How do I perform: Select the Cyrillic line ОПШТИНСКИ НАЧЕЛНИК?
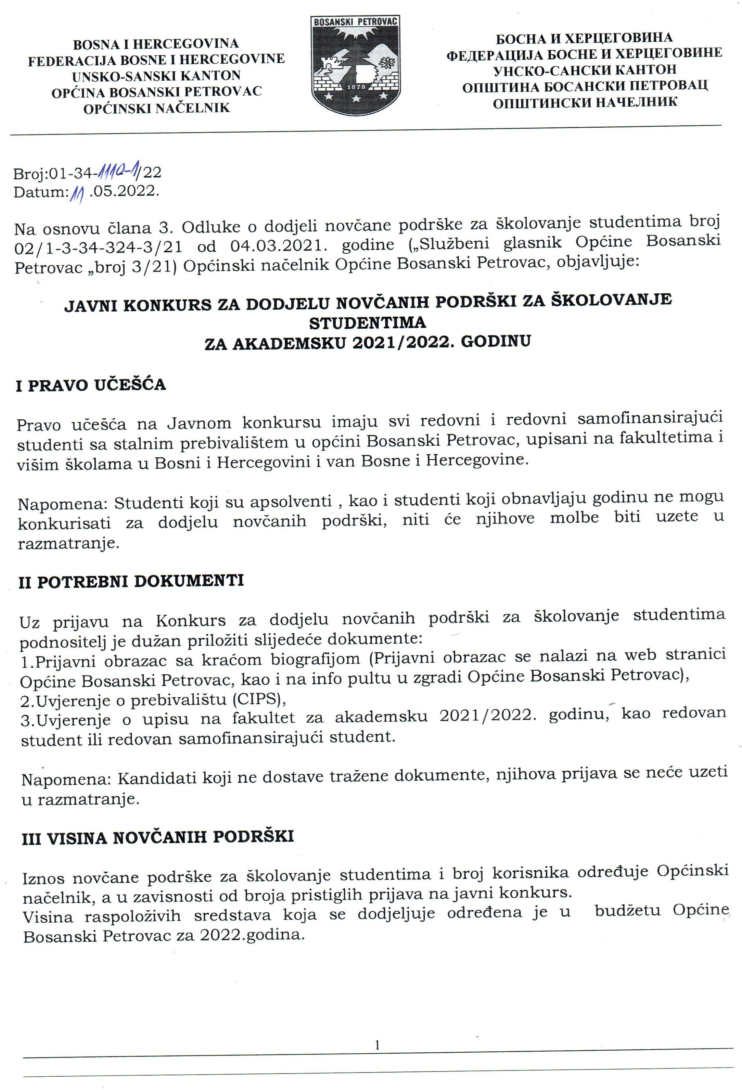[585, 101]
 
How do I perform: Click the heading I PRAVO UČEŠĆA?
[91, 385]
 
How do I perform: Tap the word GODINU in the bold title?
[496, 341]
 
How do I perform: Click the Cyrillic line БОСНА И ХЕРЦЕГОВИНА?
[584, 38]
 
